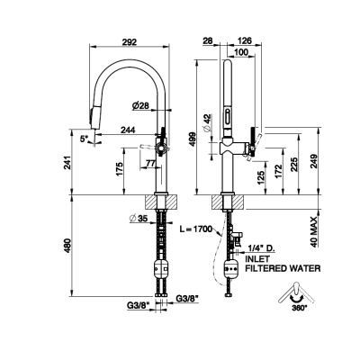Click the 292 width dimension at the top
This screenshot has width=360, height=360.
click(130, 41)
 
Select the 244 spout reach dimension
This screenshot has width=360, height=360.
click(128, 130)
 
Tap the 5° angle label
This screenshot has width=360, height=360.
click(84, 139)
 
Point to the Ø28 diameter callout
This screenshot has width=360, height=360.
click(140, 105)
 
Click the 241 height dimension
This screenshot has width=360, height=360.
click(67, 163)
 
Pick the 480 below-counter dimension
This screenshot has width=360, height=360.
click(67, 246)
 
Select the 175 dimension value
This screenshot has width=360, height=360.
click(119, 169)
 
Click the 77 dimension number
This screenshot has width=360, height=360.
click(150, 163)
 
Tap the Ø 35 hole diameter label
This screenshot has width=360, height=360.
click(139, 219)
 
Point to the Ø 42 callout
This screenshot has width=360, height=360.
click(207, 122)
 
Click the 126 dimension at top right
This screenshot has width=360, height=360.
click(244, 40)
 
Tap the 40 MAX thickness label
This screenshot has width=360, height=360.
click(314, 231)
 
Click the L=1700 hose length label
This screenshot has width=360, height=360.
click(195, 229)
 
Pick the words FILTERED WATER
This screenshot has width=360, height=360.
click(283, 268)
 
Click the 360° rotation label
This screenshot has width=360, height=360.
click(299, 308)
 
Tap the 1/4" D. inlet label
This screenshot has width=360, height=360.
click(261, 248)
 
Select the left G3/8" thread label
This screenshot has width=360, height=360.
click(138, 306)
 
